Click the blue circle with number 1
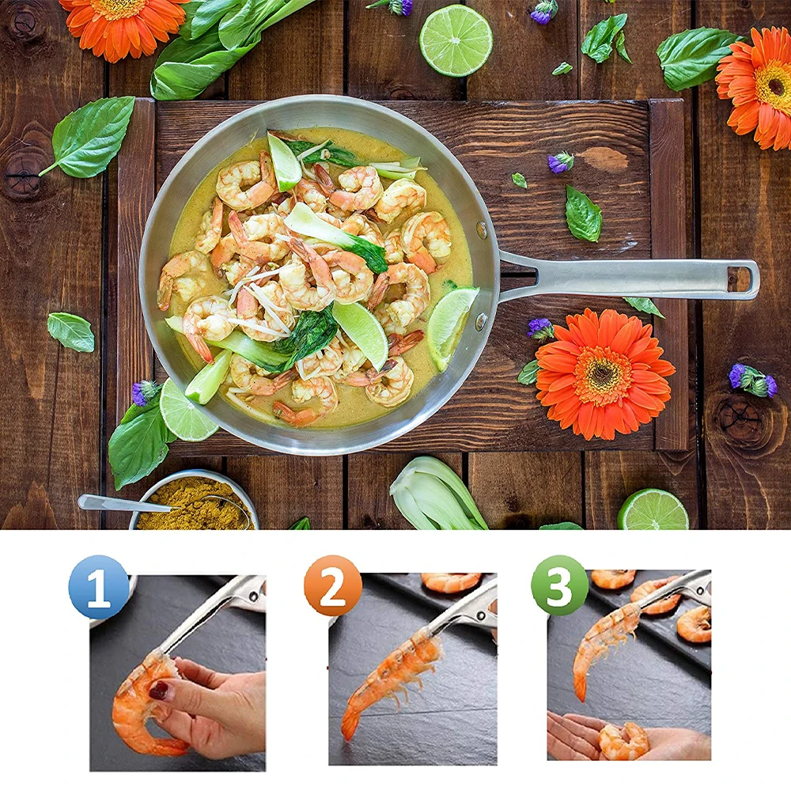99,587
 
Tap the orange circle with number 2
333,585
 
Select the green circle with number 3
560,585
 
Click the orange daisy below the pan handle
604,373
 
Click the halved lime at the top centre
456,40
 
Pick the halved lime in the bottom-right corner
653,511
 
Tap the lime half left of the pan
187,410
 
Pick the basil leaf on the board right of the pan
583,214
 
